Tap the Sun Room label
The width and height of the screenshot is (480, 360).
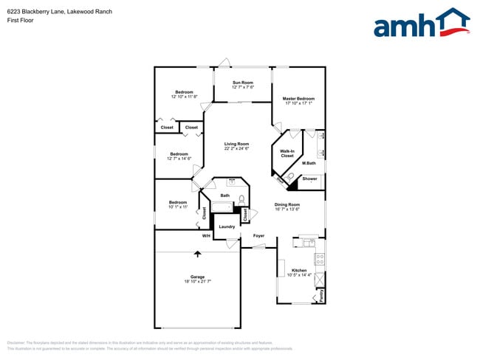point(243,83)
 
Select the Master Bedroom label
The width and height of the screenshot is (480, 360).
point(300,98)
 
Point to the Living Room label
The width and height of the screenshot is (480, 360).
point(236,144)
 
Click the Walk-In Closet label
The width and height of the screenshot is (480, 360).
point(287,153)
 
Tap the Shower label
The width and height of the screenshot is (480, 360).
point(310,179)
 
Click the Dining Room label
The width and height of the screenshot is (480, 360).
point(287,204)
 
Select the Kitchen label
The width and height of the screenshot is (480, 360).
point(298,270)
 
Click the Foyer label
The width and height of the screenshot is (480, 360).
point(258,236)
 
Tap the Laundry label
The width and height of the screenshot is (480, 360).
point(227,226)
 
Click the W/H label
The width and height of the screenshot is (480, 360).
point(207,236)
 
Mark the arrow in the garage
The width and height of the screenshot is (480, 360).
point(197,255)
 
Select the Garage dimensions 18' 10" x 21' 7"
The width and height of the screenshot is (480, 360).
point(197,281)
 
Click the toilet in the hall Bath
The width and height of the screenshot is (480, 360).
point(241,199)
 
